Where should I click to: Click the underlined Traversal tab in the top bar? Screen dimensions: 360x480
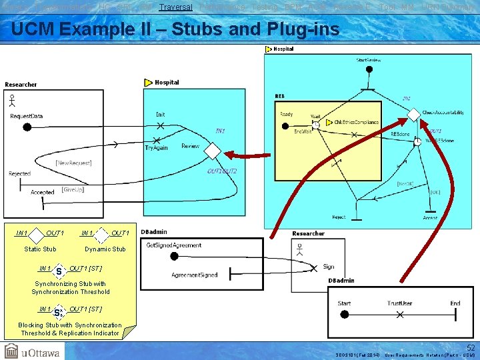click(176, 7)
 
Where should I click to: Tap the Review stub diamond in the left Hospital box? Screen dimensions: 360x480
click(212, 152)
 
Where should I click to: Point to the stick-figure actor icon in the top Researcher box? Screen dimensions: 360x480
click(12, 101)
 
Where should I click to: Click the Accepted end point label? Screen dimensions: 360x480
click(43, 193)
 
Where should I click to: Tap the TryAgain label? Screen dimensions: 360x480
click(157, 147)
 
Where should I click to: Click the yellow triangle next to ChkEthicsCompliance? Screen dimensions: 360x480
click(329, 123)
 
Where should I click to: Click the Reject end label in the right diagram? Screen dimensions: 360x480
click(339, 217)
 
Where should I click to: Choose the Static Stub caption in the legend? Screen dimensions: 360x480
click(40, 249)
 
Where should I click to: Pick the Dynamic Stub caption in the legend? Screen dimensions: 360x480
click(105, 249)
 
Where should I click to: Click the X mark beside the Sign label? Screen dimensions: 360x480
click(315, 268)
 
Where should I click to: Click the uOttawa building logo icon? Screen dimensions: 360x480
click(11, 351)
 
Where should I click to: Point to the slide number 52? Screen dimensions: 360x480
click(471, 347)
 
